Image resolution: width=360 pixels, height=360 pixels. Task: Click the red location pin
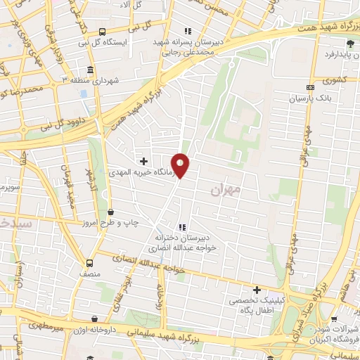click(x=181, y=165)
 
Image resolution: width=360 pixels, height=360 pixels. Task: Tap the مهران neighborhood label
click(x=225, y=190)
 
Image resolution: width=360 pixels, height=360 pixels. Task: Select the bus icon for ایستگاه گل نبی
click(x=103, y=32)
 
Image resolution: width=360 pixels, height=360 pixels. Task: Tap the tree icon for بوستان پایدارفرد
click(x=349, y=44)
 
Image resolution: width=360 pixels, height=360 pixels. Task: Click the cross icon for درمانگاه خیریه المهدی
click(x=145, y=161)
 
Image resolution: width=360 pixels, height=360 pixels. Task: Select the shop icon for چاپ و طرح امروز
click(x=110, y=211)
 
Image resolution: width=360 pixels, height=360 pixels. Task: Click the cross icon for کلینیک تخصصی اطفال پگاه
click(x=257, y=289)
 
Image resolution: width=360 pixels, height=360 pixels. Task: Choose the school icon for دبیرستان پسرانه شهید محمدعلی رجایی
click(x=186, y=31)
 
